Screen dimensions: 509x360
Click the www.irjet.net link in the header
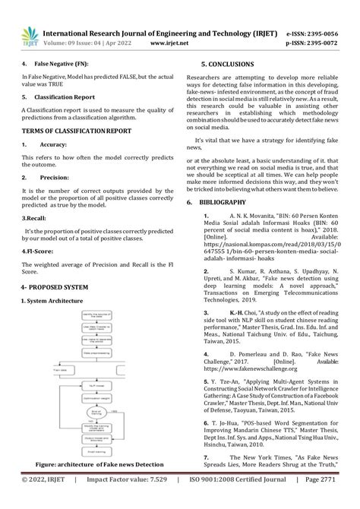tap(170, 43)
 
